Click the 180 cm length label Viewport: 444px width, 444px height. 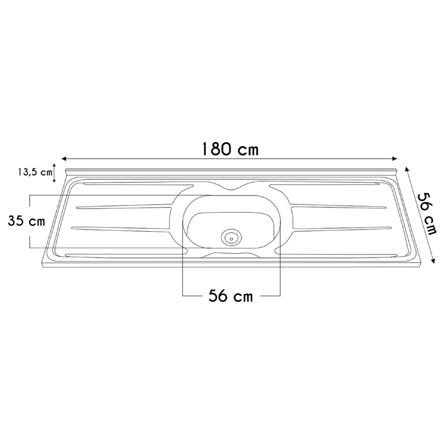pos(229,149)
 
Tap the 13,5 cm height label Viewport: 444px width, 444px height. pos(34,172)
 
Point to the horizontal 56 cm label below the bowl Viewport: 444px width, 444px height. pos(230,296)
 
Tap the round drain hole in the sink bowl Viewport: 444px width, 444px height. pos(231,237)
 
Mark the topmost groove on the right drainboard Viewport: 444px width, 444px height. pos(324,185)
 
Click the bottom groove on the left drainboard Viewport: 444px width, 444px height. pos(124,254)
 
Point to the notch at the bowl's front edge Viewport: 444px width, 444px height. pos(231,254)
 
